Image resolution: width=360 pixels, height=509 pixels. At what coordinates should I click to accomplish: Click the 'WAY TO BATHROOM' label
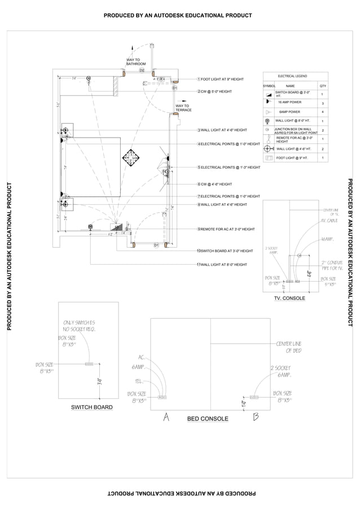[135, 62]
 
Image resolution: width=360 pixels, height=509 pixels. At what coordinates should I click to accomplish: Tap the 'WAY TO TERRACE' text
[183, 108]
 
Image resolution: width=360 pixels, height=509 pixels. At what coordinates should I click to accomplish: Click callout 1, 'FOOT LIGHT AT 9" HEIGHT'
[222, 80]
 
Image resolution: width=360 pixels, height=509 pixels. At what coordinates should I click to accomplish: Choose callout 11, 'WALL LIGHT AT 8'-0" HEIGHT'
[223, 264]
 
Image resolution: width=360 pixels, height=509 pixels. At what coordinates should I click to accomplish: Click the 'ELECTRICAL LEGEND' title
[292, 76]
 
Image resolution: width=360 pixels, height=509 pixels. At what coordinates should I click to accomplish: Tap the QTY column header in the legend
[323, 86]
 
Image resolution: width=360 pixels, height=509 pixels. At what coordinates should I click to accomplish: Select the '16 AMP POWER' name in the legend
[289, 103]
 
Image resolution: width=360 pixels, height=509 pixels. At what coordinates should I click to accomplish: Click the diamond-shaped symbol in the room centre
[131, 157]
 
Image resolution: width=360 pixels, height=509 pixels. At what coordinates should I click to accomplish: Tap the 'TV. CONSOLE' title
[289, 298]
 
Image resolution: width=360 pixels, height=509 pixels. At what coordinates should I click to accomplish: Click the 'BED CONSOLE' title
[208, 419]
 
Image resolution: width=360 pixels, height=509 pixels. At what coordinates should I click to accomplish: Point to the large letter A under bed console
[166, 417]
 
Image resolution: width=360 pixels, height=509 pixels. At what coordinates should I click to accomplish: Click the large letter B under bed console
[256, 417]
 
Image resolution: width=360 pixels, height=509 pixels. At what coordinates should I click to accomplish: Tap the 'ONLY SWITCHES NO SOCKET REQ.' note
[79, 325]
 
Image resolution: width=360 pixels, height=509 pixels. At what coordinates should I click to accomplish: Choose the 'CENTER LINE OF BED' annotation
[288, 347]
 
